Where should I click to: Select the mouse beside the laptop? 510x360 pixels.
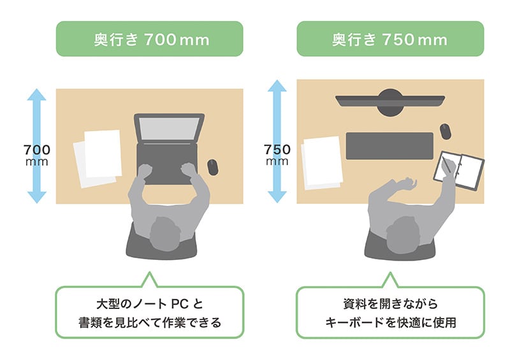[212, 168]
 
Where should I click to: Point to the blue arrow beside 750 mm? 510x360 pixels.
[277, 141]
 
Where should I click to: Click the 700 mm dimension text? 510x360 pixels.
[37, 155]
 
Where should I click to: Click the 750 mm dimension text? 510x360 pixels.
[277, 155]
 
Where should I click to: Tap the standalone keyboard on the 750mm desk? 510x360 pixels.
[389, 146]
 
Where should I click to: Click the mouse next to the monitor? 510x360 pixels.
[444, 131]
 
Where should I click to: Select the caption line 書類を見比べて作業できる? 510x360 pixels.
[149, 322]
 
